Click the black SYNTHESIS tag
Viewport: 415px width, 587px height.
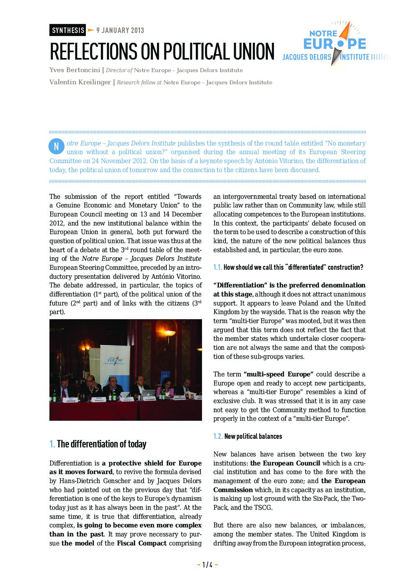[x=67, y=30]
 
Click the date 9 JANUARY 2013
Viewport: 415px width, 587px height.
[x=120, y=30]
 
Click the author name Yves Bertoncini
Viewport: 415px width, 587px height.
[x=74, y=70]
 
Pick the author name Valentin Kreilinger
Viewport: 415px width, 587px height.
[x=80, y=82]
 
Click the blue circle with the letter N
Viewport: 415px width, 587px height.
[x=56, y=147]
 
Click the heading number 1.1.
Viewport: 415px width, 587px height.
[x=218, y=267]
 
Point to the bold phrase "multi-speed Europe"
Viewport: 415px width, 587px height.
[x=278, y=374]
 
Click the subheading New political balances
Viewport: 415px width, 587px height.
[x=253, y=436]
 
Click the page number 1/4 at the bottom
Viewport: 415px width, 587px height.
[x=207, y=565]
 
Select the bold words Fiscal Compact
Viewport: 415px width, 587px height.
[x=142, y=543]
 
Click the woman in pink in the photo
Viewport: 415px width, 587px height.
[x=166, y=388]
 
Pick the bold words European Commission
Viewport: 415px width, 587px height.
[x=233, y=490]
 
